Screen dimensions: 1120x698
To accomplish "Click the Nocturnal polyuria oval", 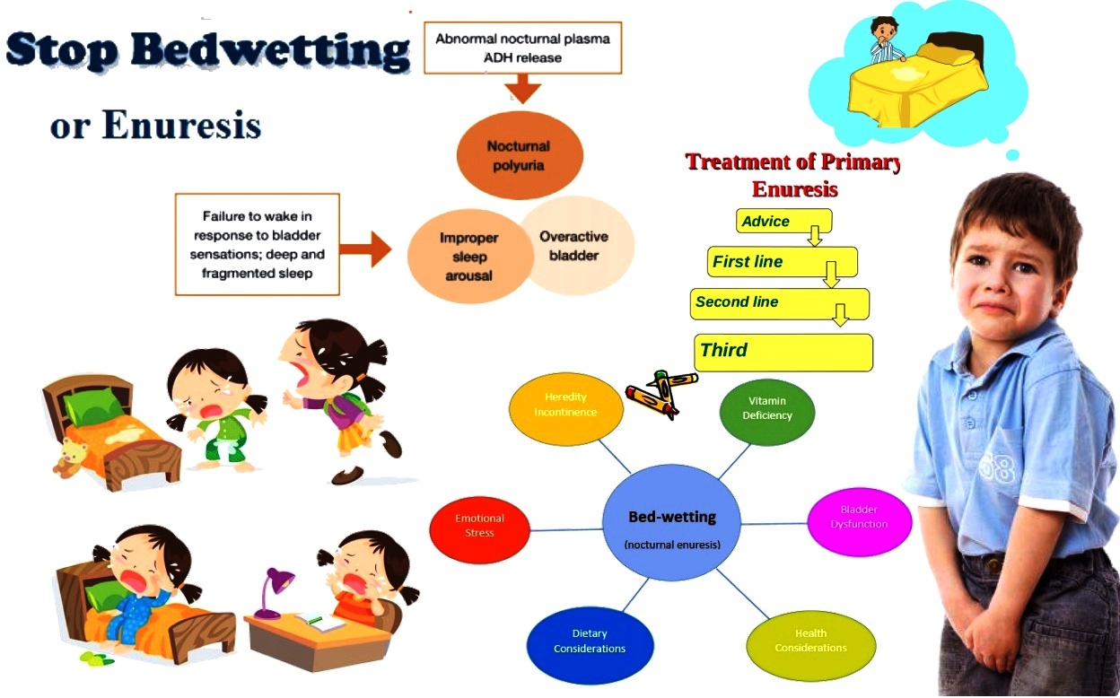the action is pos(520,155).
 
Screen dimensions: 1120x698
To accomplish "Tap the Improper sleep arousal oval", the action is pos(469,257).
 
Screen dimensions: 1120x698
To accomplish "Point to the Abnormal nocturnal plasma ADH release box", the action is pos(523,48).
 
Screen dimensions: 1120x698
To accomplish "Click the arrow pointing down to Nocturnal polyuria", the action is pos(522,89).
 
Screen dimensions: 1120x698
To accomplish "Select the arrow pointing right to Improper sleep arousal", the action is pos(365,249).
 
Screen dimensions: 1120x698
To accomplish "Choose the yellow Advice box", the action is pos(784,221).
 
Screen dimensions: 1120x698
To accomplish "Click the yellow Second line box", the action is pos(780,304).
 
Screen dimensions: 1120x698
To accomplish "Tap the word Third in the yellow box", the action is pos(724,350).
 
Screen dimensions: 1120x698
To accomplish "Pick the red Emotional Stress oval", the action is pos(479,529).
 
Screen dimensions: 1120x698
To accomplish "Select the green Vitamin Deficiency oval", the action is pos(767,412).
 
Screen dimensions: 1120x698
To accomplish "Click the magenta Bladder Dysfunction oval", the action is pos(860,521).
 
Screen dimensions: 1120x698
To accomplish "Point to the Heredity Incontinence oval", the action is pos(566,408).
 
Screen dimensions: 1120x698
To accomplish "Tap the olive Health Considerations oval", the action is pos(811,645).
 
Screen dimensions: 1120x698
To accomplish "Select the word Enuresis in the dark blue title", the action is pos(182,125).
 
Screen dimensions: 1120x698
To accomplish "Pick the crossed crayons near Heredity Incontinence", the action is pos(661,394).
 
